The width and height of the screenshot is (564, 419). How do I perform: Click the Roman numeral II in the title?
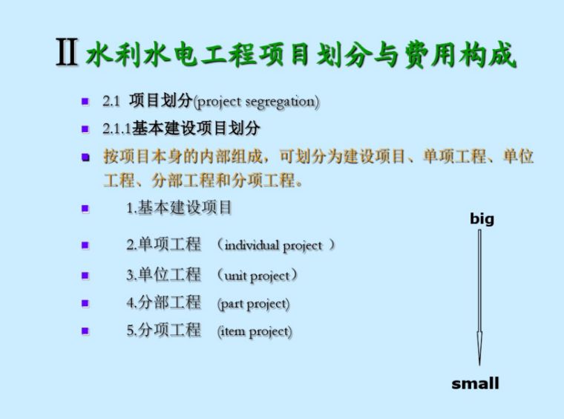coord(68,54)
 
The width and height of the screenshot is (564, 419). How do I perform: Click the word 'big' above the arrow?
coord(482,219)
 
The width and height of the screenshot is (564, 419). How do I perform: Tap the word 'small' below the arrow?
coord(476,384)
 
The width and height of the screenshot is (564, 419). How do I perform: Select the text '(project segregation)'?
coord(256,102)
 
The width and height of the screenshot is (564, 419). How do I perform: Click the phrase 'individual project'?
coord(274,245)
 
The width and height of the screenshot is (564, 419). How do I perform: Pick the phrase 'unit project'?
coord(258,276)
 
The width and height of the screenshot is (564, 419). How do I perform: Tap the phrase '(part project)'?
coord(253,304)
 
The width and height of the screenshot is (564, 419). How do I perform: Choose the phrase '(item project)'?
coord(255,331)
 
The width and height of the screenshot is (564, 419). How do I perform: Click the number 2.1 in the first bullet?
coord(111,102)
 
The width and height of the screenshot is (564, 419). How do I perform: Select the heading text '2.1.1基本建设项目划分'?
coord(181,129)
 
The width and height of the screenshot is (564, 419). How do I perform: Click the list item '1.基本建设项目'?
coord(179,208)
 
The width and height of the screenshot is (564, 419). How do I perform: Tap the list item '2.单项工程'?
coord(163,244)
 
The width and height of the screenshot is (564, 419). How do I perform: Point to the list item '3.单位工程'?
coord(163,275)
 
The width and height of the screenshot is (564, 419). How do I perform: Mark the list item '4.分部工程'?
coord(163,303)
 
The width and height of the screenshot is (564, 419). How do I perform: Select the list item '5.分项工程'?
coord(163,331)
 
